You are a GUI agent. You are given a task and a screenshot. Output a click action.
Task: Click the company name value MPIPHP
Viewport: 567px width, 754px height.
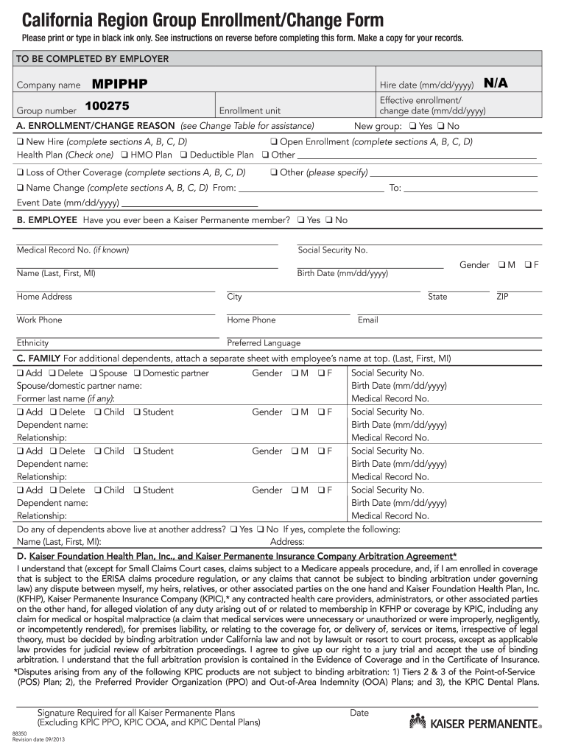[120, 84]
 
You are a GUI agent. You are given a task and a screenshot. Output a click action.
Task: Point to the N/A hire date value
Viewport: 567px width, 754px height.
[496, 83]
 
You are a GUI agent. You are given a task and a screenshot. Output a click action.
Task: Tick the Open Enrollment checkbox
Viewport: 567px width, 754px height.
[274, 142]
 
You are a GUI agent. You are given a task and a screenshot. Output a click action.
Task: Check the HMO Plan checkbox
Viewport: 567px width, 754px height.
[124, 155]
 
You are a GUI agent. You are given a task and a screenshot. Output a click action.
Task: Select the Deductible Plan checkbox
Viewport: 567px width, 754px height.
[184, 155]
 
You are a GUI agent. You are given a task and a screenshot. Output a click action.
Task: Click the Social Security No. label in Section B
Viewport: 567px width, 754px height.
[332, 250]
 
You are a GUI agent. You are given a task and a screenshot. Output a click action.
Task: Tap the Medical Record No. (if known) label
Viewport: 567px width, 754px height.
[73, 250]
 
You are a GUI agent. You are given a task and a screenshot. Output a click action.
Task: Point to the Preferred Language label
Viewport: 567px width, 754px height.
[264, 343]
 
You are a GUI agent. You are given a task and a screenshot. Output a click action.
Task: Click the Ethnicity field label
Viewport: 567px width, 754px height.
[33, 343]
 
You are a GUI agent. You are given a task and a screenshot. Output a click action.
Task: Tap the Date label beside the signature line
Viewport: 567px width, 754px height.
[359, 713]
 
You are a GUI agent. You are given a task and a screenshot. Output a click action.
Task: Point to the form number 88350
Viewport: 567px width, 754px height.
[20, 734]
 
